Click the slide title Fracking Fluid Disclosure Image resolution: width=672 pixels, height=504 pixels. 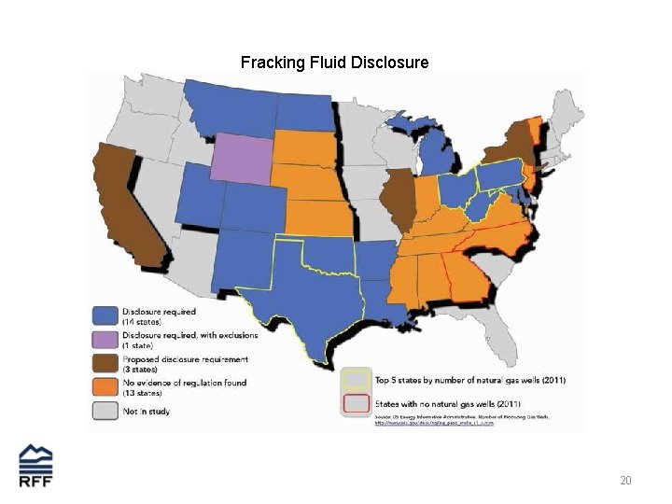tap(334, 63)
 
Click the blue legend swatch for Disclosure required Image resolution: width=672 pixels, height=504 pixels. tap(105, 315)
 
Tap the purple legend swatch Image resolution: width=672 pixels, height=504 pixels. tap(105, 339)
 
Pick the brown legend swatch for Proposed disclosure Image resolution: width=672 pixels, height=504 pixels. tap(105, 363)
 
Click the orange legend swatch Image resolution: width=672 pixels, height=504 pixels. tap(105, 387)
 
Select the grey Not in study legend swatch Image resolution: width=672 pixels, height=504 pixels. tap(105, 411)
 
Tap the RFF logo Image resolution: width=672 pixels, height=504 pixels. tap(36, 466)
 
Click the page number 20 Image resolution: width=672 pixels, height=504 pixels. tap(625, 481)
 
